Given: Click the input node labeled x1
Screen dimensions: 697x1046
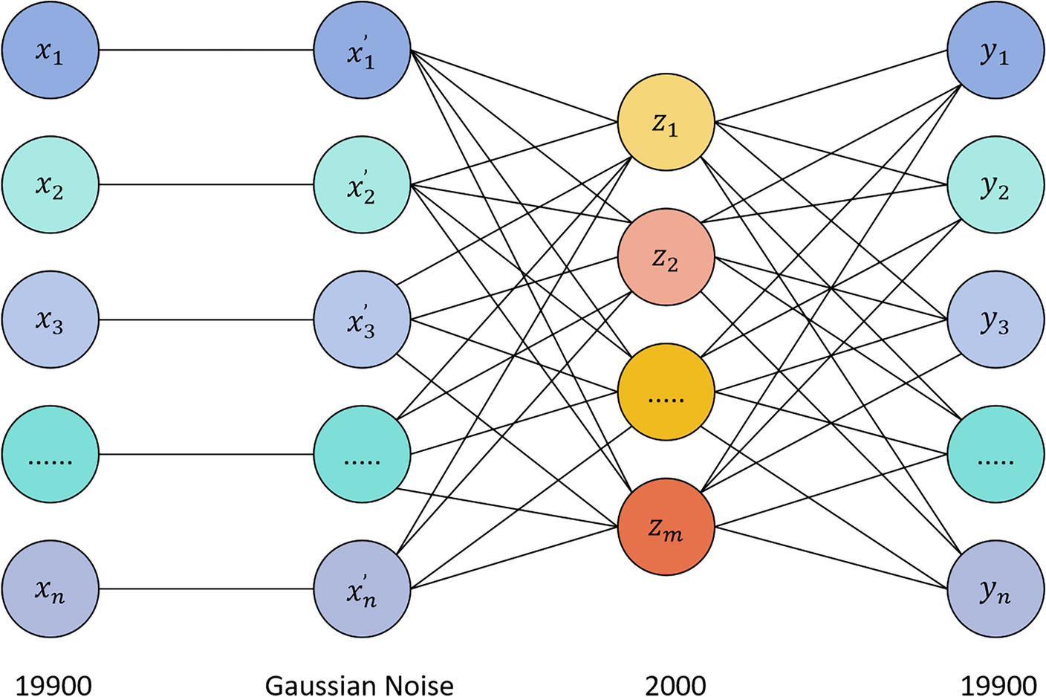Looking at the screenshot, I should tap(50, 51).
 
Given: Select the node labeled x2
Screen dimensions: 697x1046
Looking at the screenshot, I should tap(50, 185).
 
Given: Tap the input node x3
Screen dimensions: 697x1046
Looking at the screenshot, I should tap(50, 320).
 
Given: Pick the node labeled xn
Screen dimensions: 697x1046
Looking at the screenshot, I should tap(50, 589).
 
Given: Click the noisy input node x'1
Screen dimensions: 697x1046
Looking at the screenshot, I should tap(362, 51).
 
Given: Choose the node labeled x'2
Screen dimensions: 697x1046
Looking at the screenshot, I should tap(362, 185).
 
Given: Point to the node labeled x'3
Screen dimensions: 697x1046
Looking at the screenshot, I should tap(362, 320).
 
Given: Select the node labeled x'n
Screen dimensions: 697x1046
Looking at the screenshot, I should tap(362, 589).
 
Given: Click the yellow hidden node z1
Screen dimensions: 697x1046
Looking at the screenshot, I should tap(666, 123).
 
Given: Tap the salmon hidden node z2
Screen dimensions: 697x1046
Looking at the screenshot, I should tap(666, 257).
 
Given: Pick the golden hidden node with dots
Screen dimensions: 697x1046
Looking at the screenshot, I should tap(666, 392).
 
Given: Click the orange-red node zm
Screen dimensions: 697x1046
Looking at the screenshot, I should tap(666, 527).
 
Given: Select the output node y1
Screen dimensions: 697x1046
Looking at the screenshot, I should tap(995, 51).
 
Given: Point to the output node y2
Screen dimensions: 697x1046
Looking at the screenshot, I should tap(995, 185).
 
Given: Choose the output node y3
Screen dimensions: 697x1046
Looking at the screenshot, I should tap(995, 320).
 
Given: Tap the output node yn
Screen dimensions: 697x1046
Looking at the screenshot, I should tap(995, 589).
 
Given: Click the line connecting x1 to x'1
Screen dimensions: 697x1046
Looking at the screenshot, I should tap(206, 51).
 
